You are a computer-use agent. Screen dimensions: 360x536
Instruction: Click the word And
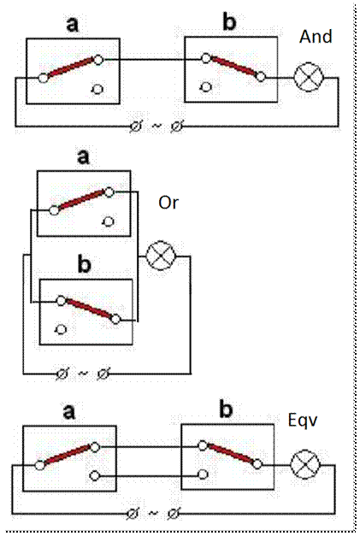[x=316, y=37]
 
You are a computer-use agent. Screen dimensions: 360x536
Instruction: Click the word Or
[x=168, y=203]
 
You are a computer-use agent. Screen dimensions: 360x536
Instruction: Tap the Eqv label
[x=303, y=421]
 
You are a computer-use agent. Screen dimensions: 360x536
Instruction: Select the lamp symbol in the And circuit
[x=309, y=78]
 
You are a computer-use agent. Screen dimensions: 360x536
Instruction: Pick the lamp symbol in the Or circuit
[x=161, y=256]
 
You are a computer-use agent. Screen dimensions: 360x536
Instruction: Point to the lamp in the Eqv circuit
[x=305, y=464]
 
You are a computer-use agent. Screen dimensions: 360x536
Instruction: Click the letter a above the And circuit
[x=72, y=25]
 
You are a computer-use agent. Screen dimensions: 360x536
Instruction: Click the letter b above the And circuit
[x=229, y=22]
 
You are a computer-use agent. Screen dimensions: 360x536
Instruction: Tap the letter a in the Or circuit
[x=84, y=157]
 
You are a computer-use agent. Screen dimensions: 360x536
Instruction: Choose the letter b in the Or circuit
[x=85, y=265]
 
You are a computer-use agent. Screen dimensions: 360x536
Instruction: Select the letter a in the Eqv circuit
[x=69, y=412]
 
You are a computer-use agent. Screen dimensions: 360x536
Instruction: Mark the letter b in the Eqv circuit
[x=226, y=409]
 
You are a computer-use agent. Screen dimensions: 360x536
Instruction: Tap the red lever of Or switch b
[x=89, y=309]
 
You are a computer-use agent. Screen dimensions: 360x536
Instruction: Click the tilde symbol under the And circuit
[x=156, y=126]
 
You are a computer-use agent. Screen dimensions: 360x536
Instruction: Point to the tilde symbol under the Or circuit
[x=83, y=373]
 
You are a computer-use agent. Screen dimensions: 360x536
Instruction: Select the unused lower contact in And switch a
[x=97, y=89]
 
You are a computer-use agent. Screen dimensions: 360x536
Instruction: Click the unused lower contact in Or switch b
[x=61, y=329]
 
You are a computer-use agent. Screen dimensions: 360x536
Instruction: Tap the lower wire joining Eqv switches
[x=149, y=475]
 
